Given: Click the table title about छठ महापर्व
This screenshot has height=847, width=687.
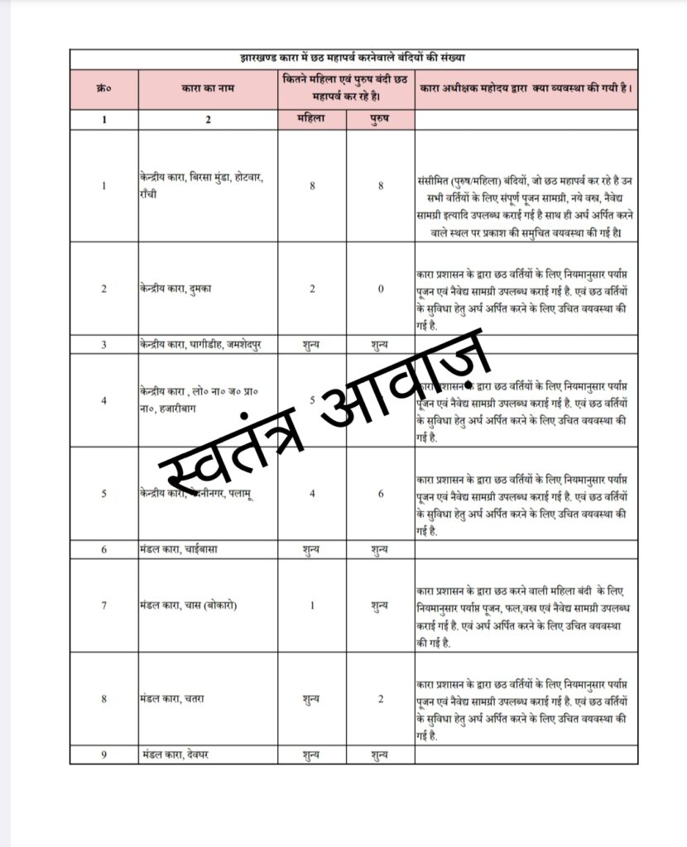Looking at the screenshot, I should point(353,58).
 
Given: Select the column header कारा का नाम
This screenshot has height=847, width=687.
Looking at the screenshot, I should point(208,88).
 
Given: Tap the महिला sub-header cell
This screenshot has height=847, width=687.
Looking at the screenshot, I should point(312,118).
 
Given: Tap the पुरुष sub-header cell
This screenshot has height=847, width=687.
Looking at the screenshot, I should point(381,118).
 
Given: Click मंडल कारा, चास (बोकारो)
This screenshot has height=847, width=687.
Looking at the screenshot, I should point(189,605).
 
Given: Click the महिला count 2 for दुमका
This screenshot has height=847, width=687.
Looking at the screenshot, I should point(312,289).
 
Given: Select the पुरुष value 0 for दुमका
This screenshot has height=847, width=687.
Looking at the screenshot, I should point(381,289).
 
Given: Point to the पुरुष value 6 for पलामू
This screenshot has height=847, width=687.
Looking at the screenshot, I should point(381,494).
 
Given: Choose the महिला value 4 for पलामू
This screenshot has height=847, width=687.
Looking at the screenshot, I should point(312,494).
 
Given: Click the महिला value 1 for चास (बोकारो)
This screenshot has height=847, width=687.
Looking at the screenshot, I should point(312,605).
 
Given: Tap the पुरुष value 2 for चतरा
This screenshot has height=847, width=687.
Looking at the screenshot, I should point(381,699).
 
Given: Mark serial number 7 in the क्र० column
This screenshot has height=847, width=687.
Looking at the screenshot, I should point(103,605).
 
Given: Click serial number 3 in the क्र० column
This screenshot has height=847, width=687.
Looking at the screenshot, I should point(103,344).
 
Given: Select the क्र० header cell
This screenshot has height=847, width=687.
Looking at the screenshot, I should point(103,88).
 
